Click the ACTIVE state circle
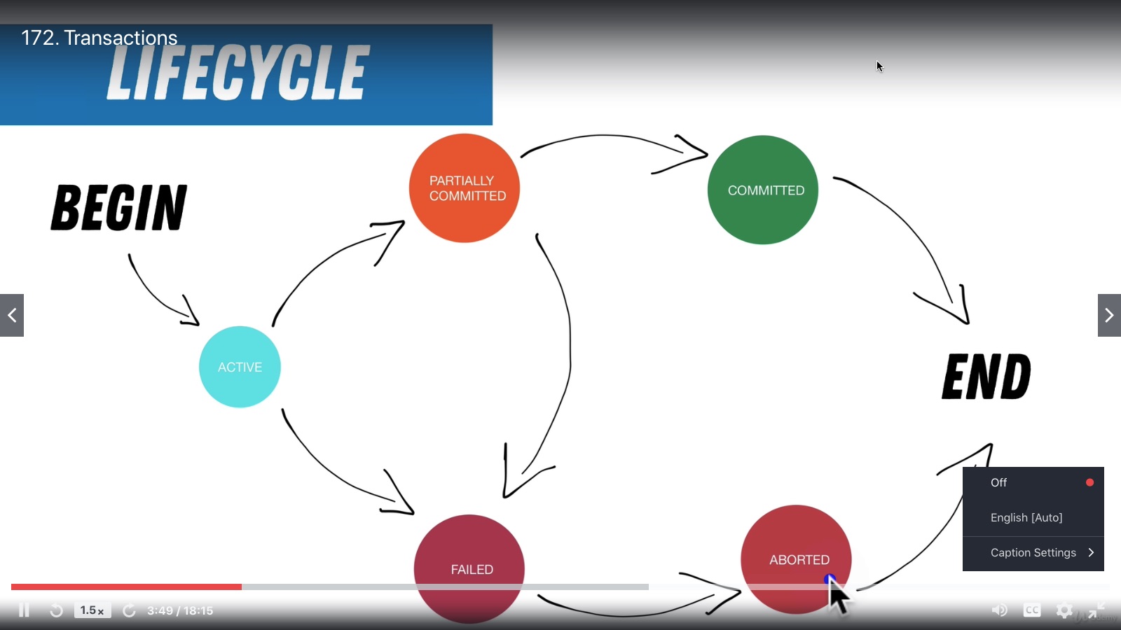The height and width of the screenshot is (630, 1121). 240,367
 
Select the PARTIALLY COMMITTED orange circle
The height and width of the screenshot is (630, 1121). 465,188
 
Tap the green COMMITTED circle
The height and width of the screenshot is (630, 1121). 763,190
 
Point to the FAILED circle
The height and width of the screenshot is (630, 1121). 469,568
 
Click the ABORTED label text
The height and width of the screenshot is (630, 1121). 799,560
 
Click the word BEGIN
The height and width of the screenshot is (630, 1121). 119,208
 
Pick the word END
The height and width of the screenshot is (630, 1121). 986,377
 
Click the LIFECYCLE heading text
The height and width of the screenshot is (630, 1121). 238,72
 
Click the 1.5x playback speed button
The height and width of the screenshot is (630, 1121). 92,610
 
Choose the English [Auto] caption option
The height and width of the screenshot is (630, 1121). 1026,517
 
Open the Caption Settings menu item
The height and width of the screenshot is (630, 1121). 1033,553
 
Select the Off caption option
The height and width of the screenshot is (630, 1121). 999,482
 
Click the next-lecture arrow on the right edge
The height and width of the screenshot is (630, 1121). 1109,315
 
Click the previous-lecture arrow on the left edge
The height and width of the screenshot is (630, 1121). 12,315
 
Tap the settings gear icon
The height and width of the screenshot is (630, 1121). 1064,610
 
